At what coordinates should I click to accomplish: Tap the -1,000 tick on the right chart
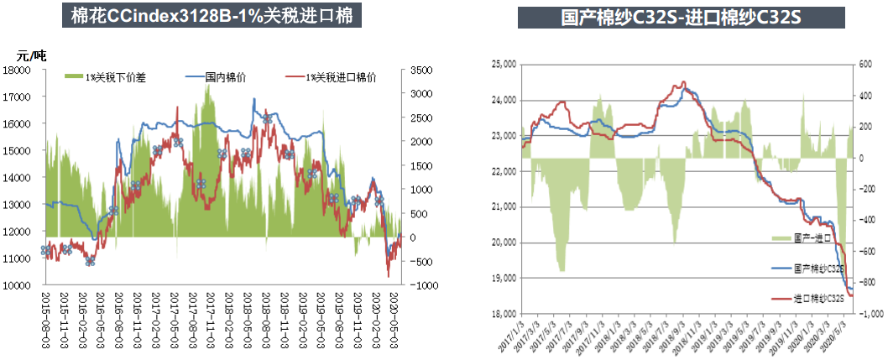click(x=869, y=314)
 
